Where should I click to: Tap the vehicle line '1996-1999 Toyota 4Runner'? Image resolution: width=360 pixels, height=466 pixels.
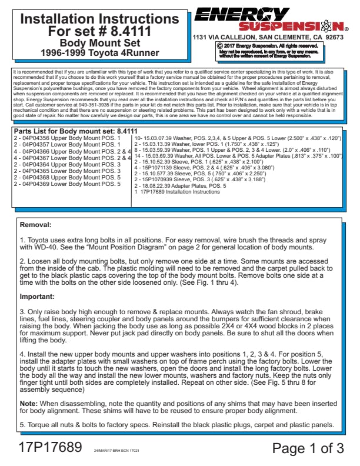[x=99, y=52]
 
